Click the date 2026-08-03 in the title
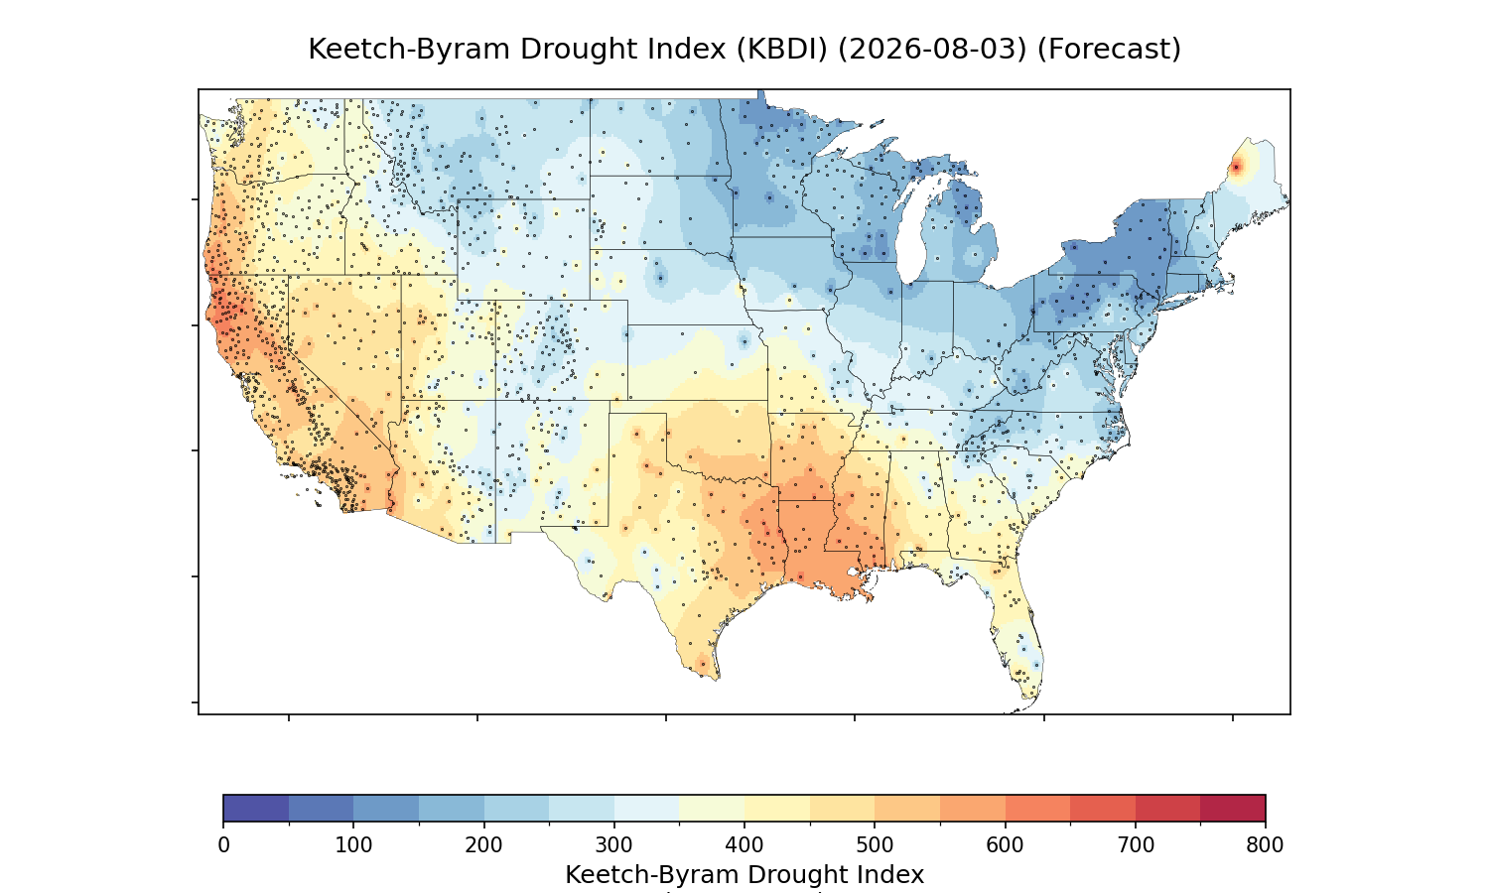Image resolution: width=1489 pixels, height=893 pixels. [933, 50]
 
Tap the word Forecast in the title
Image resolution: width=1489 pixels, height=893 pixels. [1109, 50]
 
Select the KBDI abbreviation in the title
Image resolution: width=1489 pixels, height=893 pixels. [782, 50]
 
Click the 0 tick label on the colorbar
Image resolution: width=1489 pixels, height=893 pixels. [224, 845]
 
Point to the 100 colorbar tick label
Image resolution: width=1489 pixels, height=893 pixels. [353, 845]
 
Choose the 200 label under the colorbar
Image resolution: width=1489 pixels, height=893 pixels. [484, 845]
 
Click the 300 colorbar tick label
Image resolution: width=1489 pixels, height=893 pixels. [614, 845]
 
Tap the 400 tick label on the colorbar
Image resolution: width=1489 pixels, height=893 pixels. [744, 845]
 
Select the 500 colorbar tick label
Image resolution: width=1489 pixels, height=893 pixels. [875, 845]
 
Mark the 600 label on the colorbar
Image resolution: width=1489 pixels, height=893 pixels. [1005, 845]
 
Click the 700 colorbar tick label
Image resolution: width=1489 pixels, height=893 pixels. [1136, 845]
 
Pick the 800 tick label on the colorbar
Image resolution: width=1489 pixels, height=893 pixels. [1265, 845]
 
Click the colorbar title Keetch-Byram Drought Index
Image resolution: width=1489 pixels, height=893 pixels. [744, 875]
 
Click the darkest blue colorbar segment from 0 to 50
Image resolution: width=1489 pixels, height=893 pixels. [256, 808]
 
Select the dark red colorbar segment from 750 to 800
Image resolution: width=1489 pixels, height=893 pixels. [1233, 808]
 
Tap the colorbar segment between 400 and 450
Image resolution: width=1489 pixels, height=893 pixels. [777, 808]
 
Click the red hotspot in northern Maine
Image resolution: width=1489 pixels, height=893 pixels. [1237, 167]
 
